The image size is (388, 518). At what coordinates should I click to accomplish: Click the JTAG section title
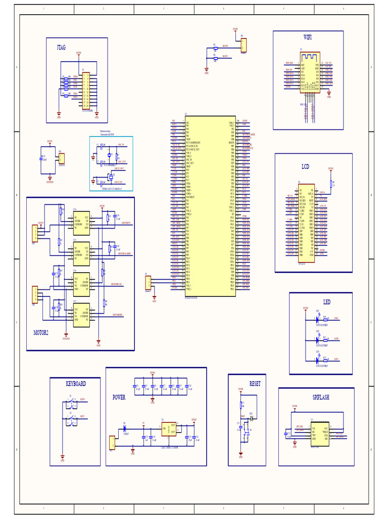click(x=61, y=48)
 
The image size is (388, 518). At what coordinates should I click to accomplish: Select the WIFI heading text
click(x=308, y=37)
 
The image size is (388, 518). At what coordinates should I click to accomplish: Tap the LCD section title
click(x=306, y=166)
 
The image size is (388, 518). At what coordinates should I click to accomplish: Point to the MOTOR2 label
click(x=41, y=333)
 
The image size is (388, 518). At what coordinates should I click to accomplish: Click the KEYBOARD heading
click(x=76, y=384)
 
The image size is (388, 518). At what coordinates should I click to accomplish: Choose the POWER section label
click(x=119, y=398)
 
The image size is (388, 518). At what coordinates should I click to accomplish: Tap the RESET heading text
click(x=255, y=384)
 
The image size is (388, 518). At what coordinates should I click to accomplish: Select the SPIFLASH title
click(x=320, y=398)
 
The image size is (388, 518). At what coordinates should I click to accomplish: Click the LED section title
click(x=327, y=302)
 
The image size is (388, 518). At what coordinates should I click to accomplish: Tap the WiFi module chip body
click(x=310, y=72)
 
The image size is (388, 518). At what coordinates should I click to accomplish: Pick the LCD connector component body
click(x=306, y=223)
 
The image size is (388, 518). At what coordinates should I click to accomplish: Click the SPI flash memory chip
click(x=320, y=434)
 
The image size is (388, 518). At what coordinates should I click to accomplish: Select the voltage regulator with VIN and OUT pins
click(x=169, y=429)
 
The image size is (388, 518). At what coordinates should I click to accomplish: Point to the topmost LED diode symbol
click(x=317, y=319)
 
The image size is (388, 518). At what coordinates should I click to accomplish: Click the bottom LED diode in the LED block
click(x=317, y=360)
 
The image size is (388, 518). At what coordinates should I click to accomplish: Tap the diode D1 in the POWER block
click(x=125, y=428)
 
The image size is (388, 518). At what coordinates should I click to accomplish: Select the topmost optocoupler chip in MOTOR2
click(x=81, y=223)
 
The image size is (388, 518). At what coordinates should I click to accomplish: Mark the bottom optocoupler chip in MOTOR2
click(x=81, y=315)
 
